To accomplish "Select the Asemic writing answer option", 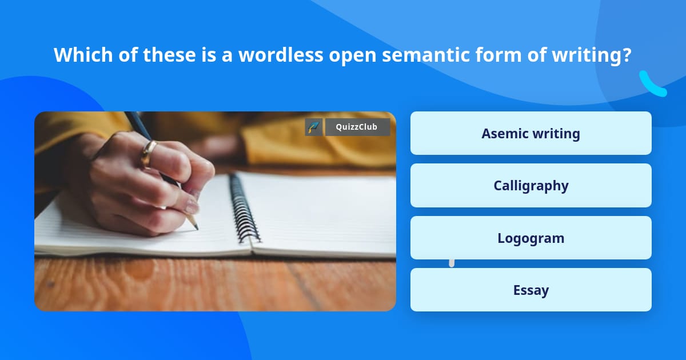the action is click(531, 133).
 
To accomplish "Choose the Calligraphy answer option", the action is click(531, 186).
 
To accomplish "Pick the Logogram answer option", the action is click(531, 238).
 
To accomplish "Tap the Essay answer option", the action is click(531, 290).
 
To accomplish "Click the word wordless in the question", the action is click(281, 55).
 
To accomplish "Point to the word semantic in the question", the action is click(426, 55).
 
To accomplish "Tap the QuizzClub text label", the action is click(357, 127).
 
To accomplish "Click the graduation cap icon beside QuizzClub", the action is click(314, 127).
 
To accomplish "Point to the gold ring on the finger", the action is click(148, 154).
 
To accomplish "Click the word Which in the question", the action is click(83, 55).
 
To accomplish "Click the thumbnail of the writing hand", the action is click(215, 211).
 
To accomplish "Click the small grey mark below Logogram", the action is click(452, 263).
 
